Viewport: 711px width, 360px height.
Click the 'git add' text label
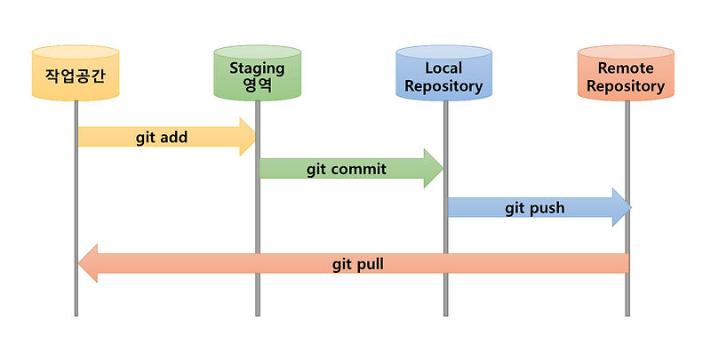pyautogui.click(x=162, y=138)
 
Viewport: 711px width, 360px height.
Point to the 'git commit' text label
pyautogui.click(x=347, y=169)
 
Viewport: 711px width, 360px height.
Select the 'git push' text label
pyautogui.click(x=535, y=208)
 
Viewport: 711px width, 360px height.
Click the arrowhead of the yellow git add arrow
pyautogui.click(x=247, y=137)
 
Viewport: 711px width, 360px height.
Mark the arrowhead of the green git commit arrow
pyautogui.click(x=434, y=169)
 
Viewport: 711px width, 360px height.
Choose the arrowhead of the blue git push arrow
pyautogui.click(x=621, y=208)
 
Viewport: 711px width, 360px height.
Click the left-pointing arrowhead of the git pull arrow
pyautogui.click(x=89, y=264)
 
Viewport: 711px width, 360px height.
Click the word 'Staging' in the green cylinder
pyautogui.click(x=257, y=68)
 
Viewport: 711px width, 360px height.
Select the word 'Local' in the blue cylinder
pyautogui.click(x=443, y=68)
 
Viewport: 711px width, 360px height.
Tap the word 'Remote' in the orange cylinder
pyautogui.click(x=626, y=68)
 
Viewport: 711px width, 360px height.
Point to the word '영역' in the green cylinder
pyautogui.click(x=257, y=86)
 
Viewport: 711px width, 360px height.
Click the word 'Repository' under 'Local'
pyautogui.click(x=443, y=86)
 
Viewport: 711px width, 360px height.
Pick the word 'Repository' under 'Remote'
pyautogui.click(x=626, y=86)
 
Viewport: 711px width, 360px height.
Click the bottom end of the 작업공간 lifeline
pyautogui.click(x=76, y=313)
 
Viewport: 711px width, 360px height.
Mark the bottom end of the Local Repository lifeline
pyautogui.click(x=444, y=313)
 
